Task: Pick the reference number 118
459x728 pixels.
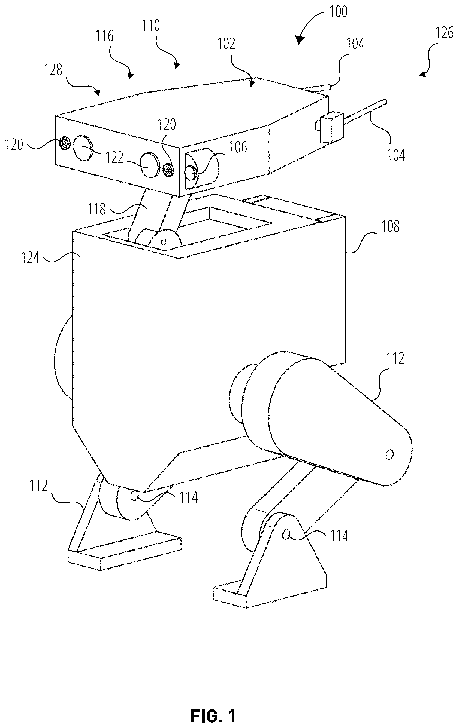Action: pos(96,209)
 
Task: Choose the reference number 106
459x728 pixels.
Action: pos(238,148)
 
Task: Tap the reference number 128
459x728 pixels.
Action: pos(53,70)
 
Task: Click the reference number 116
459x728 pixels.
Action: pos(104,36)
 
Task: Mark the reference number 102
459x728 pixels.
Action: pos(226,44)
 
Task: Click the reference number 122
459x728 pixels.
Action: pos(114,158)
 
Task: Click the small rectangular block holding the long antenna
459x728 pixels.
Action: pos(332,128)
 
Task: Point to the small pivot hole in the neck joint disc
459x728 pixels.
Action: pos(164,242)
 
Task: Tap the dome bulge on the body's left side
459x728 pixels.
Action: pos(63,358)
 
